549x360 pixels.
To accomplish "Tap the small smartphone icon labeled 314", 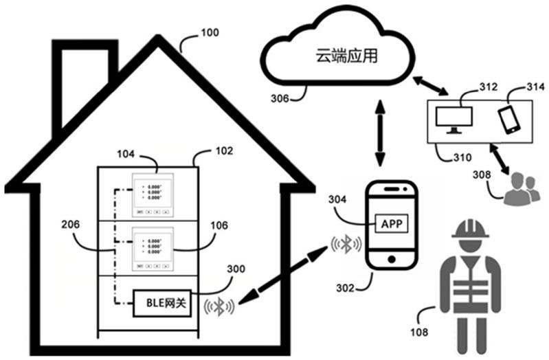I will tap(509, 119).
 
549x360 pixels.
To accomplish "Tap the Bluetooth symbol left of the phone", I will tap(344, 244).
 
